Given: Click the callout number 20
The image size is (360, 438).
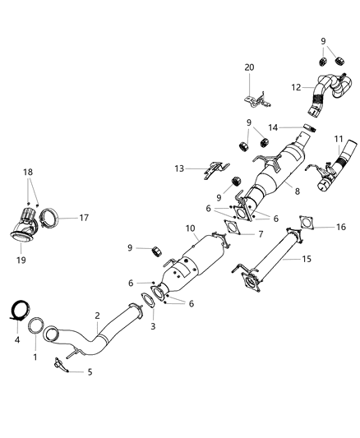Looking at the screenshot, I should tap(250, 67).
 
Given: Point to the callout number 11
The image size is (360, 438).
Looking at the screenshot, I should tap(337, 140).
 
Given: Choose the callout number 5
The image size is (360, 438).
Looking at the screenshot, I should tap(90, 371).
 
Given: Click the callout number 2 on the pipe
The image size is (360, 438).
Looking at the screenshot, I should tap(97, 315).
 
